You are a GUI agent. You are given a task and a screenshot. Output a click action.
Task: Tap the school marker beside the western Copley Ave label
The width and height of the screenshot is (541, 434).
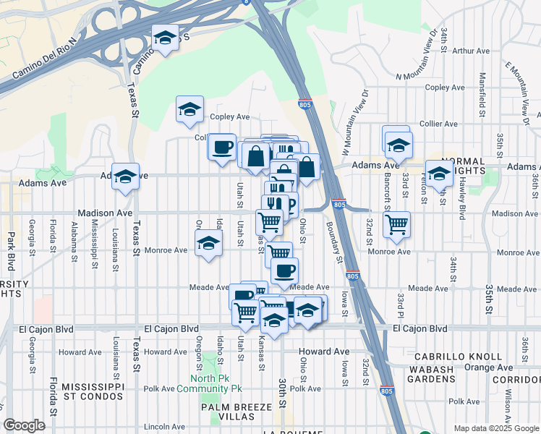click(x=189, y=110)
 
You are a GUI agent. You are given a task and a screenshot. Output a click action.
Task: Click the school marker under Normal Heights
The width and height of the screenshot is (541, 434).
click(x=439, y=174)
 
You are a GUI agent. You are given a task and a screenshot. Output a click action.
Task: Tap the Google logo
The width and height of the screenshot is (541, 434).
click(x=24, y=425)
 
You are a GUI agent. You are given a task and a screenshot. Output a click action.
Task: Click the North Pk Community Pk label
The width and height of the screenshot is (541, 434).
click(x=216, y=383)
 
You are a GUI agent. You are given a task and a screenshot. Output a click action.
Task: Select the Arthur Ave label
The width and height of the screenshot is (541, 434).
click(x=471, y=51)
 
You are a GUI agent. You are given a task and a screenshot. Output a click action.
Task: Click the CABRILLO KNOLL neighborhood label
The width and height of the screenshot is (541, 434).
click(x=458, y=357)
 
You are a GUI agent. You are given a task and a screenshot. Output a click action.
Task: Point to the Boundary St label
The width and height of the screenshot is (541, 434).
click(x=333, y=239)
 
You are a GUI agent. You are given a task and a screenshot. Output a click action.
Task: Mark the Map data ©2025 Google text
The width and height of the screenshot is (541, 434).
click(x=495, y=428)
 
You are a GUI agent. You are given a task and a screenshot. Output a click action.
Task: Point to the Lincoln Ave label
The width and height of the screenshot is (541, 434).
click(x=164, y=427)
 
